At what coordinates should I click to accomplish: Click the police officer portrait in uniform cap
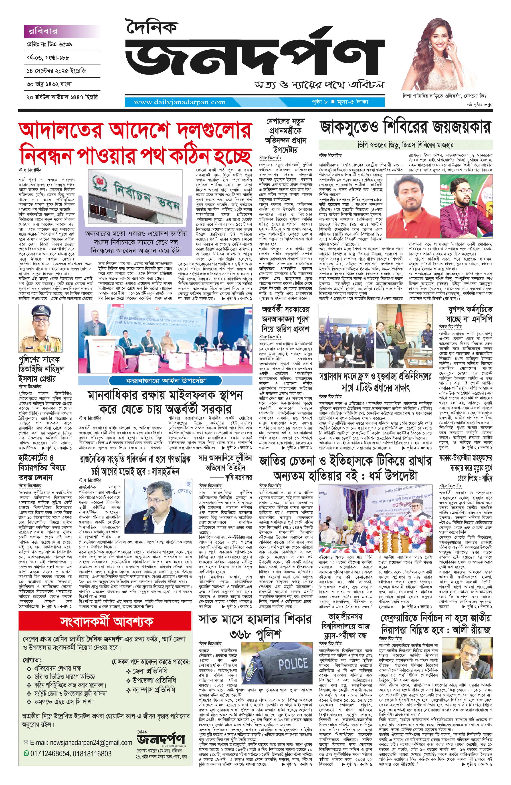[40, 328]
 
